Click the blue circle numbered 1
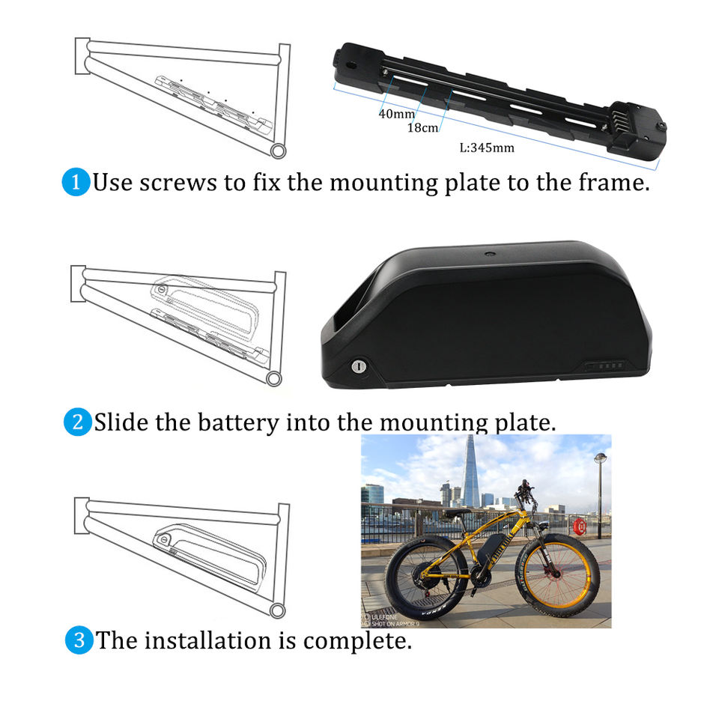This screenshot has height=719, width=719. pyautogui.click(x=76, y=182)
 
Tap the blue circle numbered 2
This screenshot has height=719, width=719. pyautogui.click(x=77, y=422)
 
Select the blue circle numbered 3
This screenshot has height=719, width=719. pyautogui.click(x=79, y=640)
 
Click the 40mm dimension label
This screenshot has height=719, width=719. pyautogui.click(x=397, y=113)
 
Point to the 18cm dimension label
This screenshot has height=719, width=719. pyautogui.click(x=422, y=127)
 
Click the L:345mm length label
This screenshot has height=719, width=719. pyautogui.click(x=487, y=148)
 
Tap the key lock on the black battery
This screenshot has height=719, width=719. pyautogui.click(x=359, y=366)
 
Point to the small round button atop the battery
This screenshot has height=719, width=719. pyautogui.click(x=490, y=253)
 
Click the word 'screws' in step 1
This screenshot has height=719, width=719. pyautogui.click(x=178, y=183)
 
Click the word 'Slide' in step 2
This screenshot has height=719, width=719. pyautogui.click(x=122, y=422)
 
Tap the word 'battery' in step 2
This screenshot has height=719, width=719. pyautogui.click(x=238, y=422)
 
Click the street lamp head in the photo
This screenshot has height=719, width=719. pyautogui.click(x=600, y=457)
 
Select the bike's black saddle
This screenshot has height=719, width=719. pyautogui.click(x=457, y=512)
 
